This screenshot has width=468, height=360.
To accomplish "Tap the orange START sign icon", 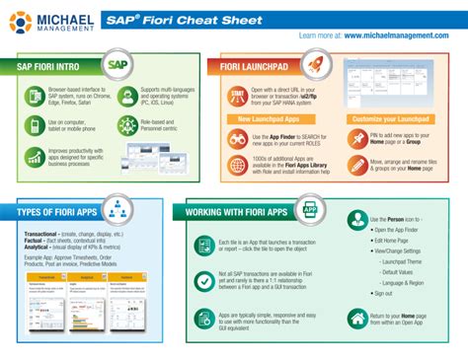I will pyautogui.click(x=236, y=95).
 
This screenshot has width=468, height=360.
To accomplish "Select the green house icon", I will pyautogui.click(x=356, y=318).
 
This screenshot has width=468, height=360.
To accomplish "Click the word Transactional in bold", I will pyautogui.click(x=38, y=234).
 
